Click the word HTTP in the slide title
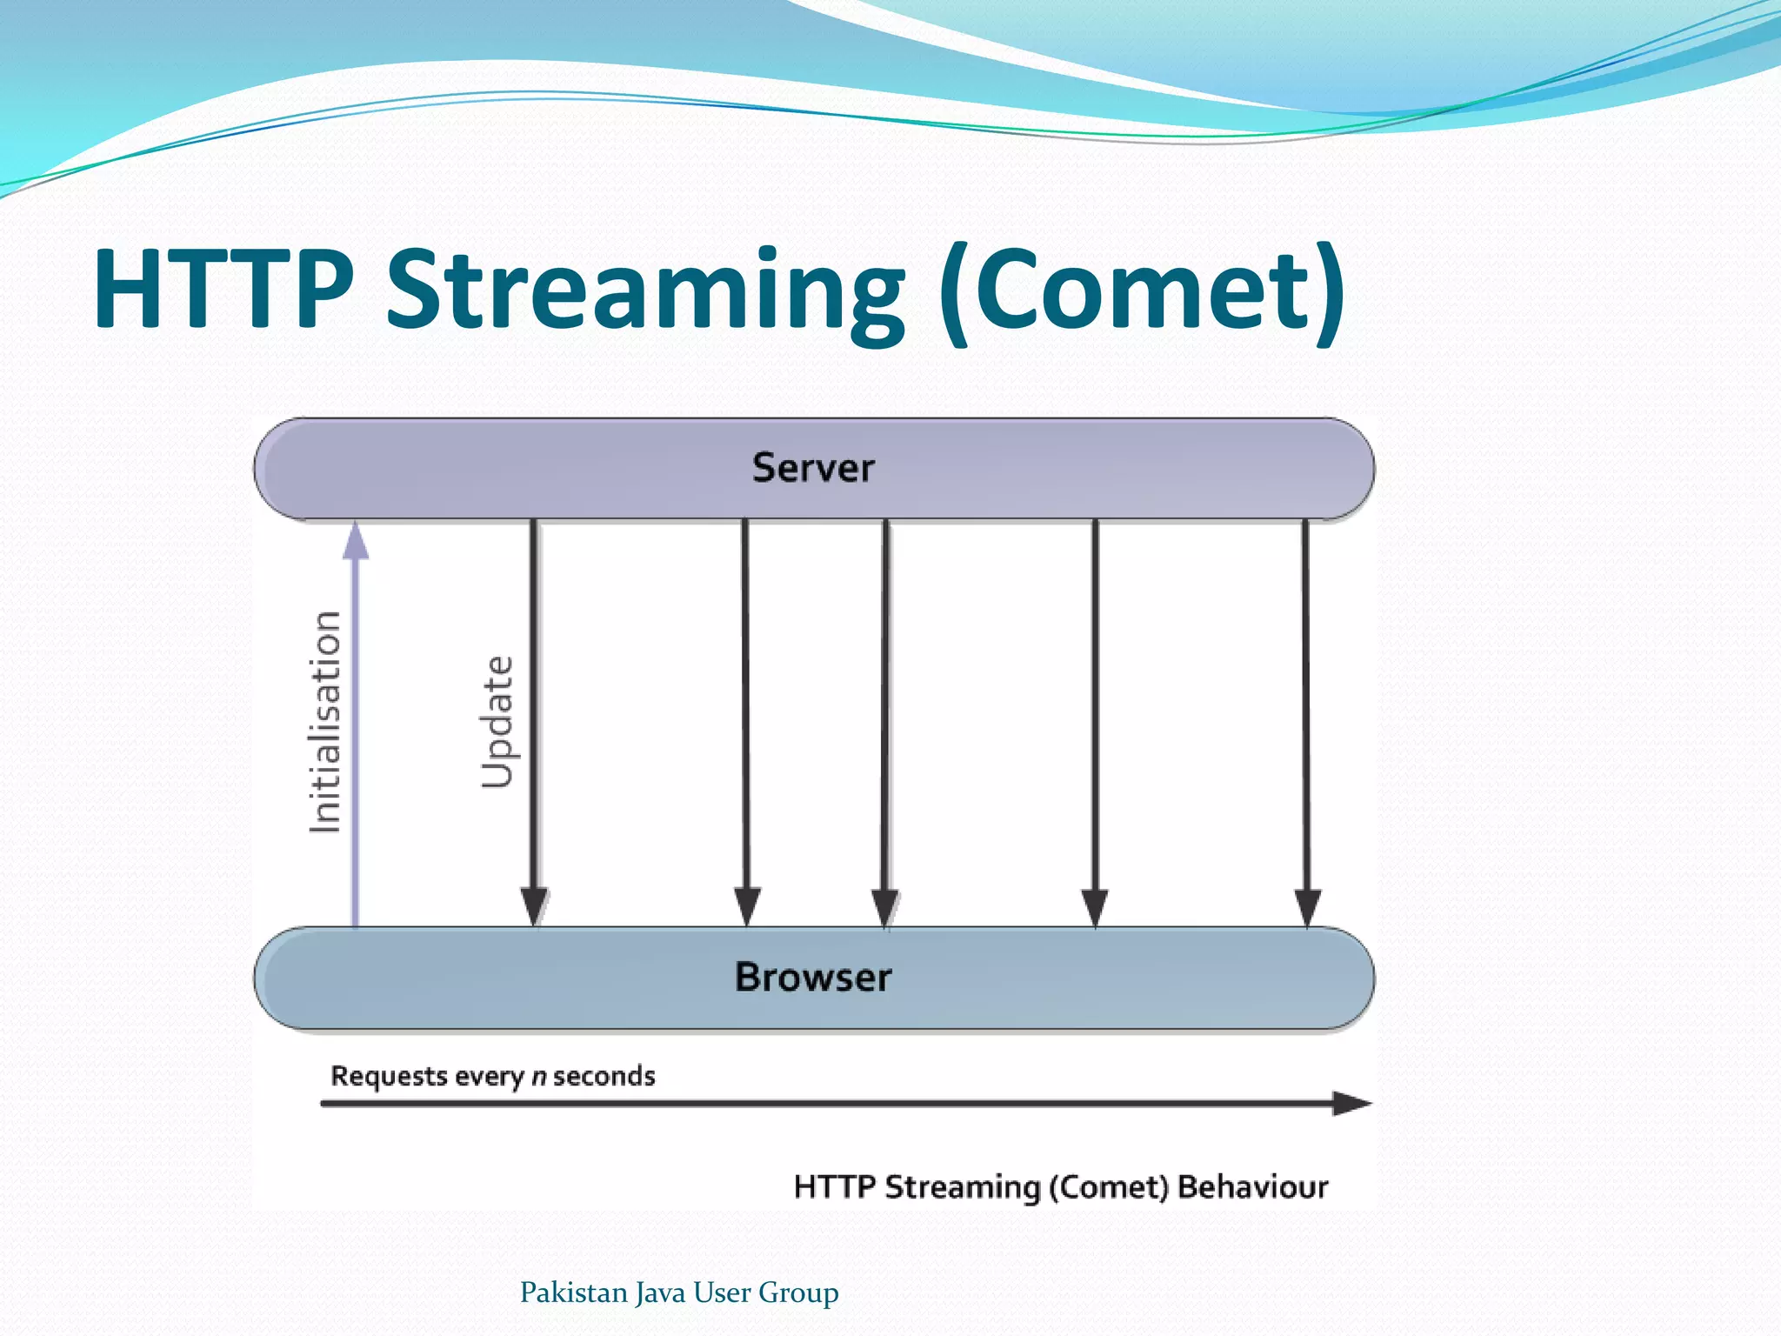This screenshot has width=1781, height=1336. click(223, 289)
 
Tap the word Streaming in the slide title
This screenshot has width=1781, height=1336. click(645, 291)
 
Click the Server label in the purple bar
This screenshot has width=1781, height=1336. click(813, 468)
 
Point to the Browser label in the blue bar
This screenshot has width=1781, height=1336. click(813, 977)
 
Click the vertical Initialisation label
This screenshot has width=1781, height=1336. click(325, 722)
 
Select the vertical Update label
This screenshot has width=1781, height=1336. click(497, 722)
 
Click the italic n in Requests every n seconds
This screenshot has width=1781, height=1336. click(539, 1078)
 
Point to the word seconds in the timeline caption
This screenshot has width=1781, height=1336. click(604, 1077)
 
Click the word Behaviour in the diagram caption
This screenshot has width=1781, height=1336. click(1252, 1187)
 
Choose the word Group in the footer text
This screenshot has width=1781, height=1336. click(798, 1293)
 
